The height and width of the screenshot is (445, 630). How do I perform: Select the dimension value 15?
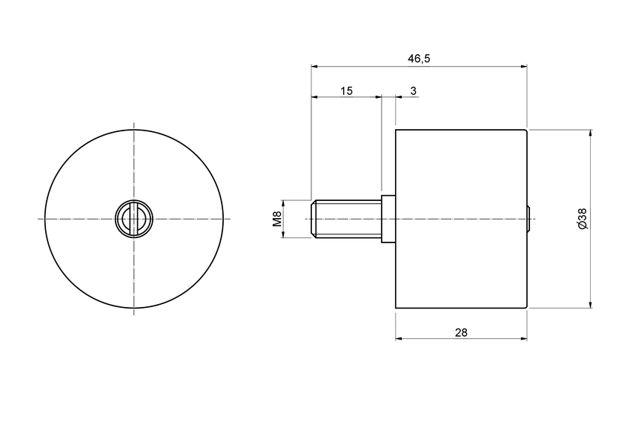346,90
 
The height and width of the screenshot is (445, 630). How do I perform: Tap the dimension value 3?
413,90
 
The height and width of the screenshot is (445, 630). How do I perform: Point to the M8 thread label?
276,219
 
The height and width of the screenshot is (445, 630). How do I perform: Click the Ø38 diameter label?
582,218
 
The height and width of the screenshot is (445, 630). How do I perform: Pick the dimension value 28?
460,332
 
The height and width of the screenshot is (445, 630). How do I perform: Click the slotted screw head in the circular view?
133,219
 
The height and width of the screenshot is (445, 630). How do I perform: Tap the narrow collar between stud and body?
388,219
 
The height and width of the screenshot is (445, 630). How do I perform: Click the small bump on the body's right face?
529,219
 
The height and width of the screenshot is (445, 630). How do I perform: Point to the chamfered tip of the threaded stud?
312,219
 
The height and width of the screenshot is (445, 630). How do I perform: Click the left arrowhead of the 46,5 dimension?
315,66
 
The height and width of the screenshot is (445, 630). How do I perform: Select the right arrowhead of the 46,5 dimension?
523,66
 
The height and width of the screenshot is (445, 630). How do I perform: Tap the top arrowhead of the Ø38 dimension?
590,133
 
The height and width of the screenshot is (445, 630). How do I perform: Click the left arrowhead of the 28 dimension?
399,338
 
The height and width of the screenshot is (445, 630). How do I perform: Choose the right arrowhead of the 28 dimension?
523,338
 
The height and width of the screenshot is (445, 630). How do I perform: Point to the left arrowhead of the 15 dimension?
315,96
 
